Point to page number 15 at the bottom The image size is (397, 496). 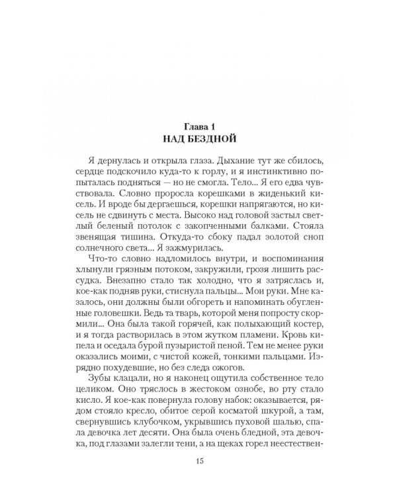(199, 461)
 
